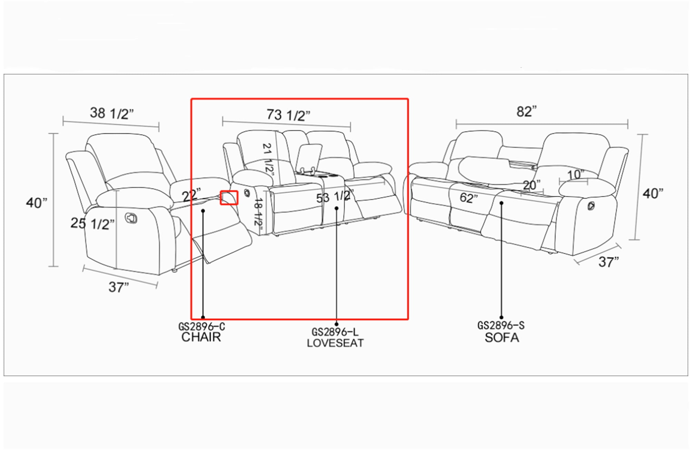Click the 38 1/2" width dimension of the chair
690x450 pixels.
click(112, 113)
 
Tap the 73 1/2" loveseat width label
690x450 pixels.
click(288, 115)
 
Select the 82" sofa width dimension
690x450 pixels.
click(527, 111)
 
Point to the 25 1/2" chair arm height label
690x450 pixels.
click(92, 224)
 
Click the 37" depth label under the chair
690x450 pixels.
click(119, 287)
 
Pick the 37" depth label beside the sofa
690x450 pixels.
click(609, 262)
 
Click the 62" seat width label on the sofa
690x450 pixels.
click(469, 198)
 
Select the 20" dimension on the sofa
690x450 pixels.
click(532, 185)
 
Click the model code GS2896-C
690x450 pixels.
click(201, 326)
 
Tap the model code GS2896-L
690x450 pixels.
click(335, 332)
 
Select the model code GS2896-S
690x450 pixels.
click(501, 325)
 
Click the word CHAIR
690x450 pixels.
click(201, 337)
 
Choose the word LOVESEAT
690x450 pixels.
click(335, 343)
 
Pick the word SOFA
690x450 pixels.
click(502, 337)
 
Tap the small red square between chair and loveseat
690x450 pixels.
click(229, 198)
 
